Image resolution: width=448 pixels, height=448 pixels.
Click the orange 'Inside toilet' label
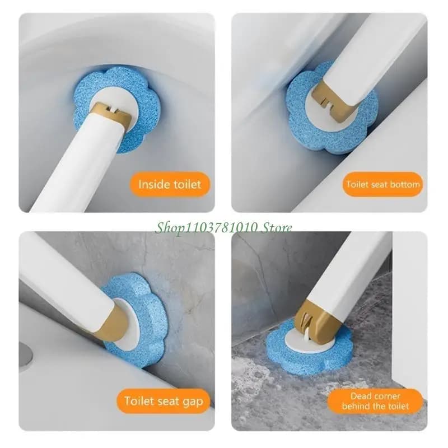170,184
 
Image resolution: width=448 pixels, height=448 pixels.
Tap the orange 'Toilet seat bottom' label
383,184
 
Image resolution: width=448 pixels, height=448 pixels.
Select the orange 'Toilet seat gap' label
164,401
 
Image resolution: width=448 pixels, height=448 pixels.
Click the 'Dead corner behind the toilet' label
375,401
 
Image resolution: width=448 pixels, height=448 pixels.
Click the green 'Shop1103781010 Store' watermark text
223,228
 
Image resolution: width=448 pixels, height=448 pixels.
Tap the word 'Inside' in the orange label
152,184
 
